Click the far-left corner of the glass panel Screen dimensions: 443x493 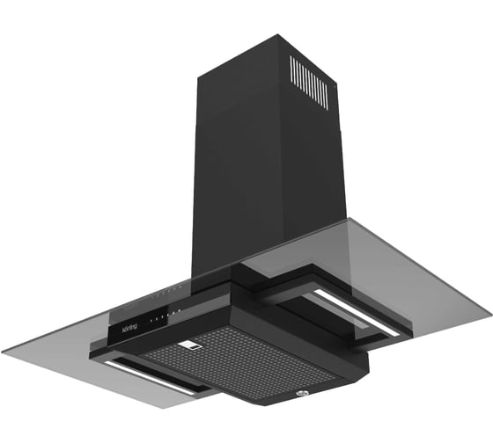pos(4,350)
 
